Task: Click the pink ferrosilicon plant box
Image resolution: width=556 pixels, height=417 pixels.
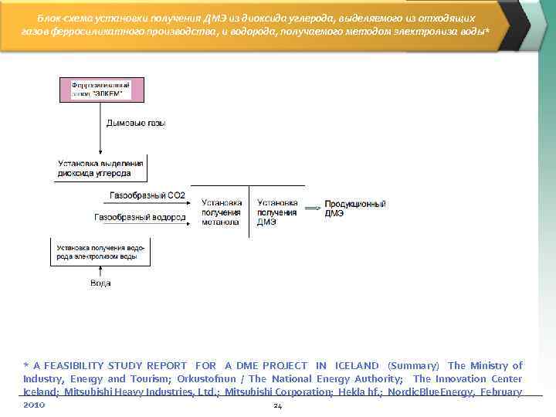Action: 98,89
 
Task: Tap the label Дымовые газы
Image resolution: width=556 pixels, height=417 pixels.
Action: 136,123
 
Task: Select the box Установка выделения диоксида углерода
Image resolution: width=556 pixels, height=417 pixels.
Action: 100,168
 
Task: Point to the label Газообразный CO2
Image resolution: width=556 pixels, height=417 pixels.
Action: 147,195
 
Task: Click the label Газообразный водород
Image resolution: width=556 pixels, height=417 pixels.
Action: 140,218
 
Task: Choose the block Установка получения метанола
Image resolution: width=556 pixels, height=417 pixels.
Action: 221,212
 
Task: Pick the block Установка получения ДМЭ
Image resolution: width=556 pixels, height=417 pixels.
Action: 276,212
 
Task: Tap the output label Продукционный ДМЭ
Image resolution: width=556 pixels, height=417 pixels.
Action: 354,208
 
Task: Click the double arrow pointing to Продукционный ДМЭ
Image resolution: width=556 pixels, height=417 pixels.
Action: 313,208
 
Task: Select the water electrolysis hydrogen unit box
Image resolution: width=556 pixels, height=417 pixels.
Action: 100,251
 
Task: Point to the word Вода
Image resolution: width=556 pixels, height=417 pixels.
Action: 100,283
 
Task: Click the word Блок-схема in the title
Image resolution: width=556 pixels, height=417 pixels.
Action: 64,18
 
